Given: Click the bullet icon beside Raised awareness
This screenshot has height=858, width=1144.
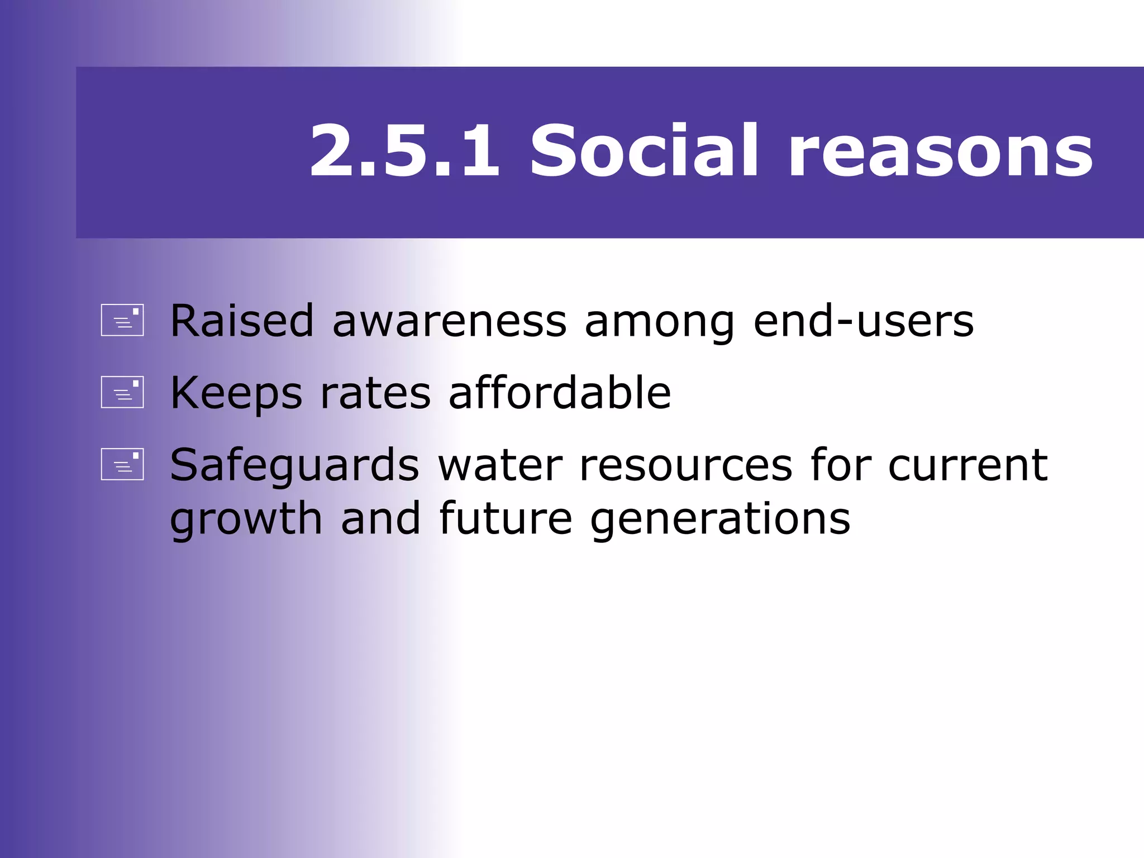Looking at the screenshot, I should click(x=122, y=320).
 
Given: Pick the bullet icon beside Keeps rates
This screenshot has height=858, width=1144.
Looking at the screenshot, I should click(x=122, y=392).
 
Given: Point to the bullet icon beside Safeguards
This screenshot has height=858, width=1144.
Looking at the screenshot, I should click(x=122, y=464).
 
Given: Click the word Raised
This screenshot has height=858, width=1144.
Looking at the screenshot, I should click(x=242, y=321).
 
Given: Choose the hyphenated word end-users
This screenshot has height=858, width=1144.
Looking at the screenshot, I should click(x=864, y=321).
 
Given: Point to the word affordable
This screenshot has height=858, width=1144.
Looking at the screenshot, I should click(x=560, y=393).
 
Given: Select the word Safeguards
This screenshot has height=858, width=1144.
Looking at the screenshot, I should click(x=294, y=465).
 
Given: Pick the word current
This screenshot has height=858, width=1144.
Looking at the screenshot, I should click(x=967, y=465).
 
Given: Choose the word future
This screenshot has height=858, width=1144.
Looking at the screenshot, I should click(x=506, y=518).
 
